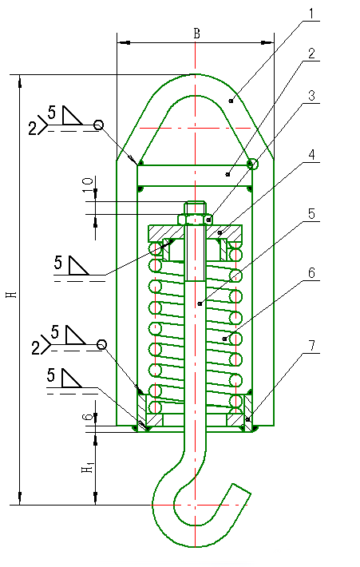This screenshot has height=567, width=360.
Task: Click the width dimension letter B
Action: click(x=196, y=33)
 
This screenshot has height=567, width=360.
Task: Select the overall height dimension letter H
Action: click(x=10, y=293)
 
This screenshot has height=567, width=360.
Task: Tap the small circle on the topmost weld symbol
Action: click(x=98, y=125)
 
